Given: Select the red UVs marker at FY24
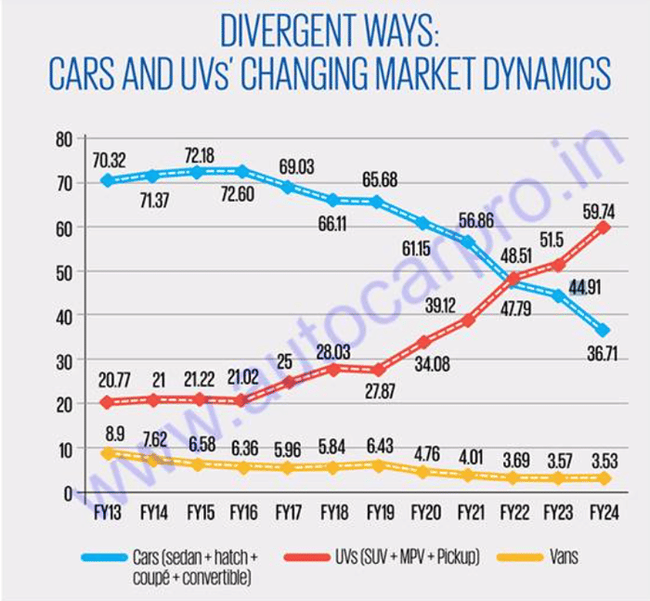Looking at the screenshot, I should [x=604, y=227].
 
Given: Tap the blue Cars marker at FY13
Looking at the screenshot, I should [x=108, y=180].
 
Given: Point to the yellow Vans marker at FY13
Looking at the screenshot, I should [x=108, y=453].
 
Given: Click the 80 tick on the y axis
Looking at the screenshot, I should [x=62, y=139].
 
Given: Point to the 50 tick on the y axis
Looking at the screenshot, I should [x=62, y=272].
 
